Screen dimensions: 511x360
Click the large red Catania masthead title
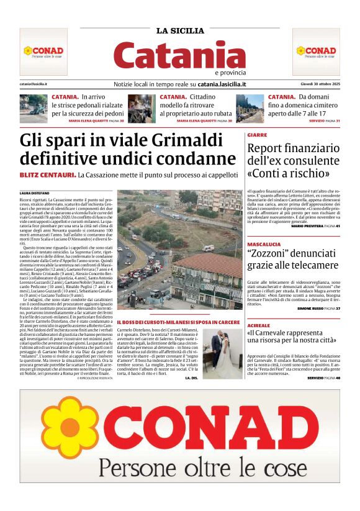[x=180, y=55]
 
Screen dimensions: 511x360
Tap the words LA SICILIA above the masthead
[x=180, y=31]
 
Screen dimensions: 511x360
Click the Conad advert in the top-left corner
[x=43, y=52]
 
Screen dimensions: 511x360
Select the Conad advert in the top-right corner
[x=316, y=52]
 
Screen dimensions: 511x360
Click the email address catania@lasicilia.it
[x=34, y=84]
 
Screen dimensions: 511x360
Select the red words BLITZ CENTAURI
[x=48, y=176]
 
